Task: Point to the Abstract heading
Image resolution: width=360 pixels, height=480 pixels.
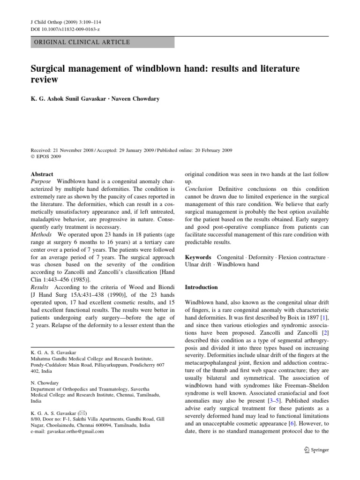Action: click(x=42, y=173)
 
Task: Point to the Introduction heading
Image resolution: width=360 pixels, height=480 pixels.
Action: click(x=202, y=287)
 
